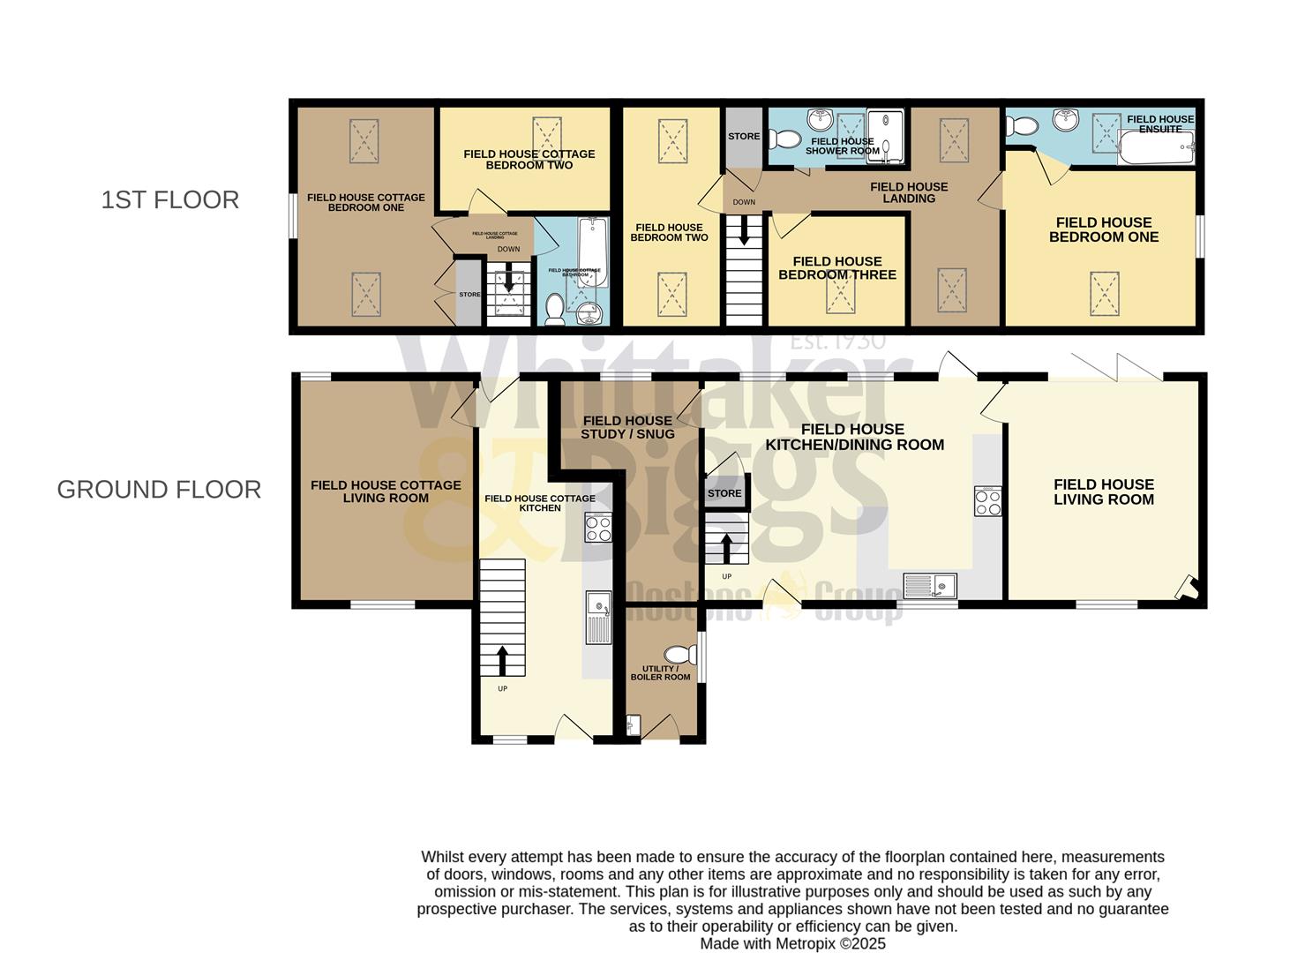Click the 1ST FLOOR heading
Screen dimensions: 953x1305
pos(169,199)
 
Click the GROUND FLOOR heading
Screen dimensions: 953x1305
pos(159,490)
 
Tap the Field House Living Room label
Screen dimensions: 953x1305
pos(1103,492)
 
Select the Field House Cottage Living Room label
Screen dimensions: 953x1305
pos(386,492)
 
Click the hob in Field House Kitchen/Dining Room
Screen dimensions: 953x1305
pos(987,501)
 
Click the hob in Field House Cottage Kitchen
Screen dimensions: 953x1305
pos(598,529)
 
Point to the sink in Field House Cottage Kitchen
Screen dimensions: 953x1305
pos(598,615)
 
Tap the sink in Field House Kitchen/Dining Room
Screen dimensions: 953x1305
pos(931,584)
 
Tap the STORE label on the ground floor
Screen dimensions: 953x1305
pos(724,493)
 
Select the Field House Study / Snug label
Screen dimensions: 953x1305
pos(627,427)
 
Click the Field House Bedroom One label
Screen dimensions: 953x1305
pos(1103,229)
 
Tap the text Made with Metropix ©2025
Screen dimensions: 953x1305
pos(792,943)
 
